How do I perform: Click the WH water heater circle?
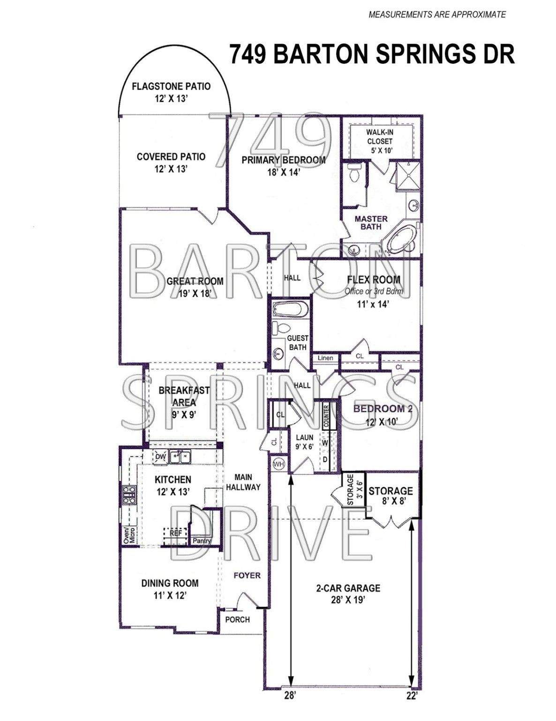278,464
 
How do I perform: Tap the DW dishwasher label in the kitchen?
161,457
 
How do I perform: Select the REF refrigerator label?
176,533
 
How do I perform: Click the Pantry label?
202,541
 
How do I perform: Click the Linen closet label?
326,358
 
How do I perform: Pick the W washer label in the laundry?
325,443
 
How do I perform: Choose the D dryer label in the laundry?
325,460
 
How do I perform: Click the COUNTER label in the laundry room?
326,416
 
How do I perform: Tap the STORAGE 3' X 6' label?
354,490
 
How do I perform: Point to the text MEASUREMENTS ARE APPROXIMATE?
437,15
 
